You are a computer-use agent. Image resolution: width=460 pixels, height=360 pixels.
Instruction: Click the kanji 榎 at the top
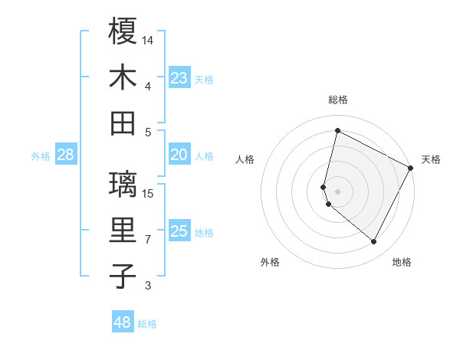123,31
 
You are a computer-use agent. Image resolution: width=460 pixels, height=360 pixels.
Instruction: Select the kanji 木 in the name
123,77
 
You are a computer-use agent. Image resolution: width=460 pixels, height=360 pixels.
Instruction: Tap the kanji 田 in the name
123,123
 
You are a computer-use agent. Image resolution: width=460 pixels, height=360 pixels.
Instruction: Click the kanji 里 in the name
123,231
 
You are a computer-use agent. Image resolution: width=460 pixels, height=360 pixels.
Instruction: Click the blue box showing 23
179,77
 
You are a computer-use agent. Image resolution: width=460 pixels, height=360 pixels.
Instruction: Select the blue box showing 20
179,155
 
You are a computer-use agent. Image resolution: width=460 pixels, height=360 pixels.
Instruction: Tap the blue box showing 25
179,231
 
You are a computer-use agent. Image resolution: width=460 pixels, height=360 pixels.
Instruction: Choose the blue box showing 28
65,155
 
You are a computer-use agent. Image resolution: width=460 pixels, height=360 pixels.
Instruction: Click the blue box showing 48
123,322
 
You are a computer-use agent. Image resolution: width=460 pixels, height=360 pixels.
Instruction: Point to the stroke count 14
148,40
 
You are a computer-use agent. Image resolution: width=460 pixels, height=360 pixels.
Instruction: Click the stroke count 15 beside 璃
148,192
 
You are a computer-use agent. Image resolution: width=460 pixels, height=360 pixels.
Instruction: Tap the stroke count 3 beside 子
148,286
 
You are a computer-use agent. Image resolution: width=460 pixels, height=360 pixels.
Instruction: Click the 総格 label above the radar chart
337,100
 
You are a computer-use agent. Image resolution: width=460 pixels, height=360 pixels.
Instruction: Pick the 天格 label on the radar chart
431,159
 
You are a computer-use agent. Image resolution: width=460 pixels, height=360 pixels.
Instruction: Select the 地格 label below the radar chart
402,262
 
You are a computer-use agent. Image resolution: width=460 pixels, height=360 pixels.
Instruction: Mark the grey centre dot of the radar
337,191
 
